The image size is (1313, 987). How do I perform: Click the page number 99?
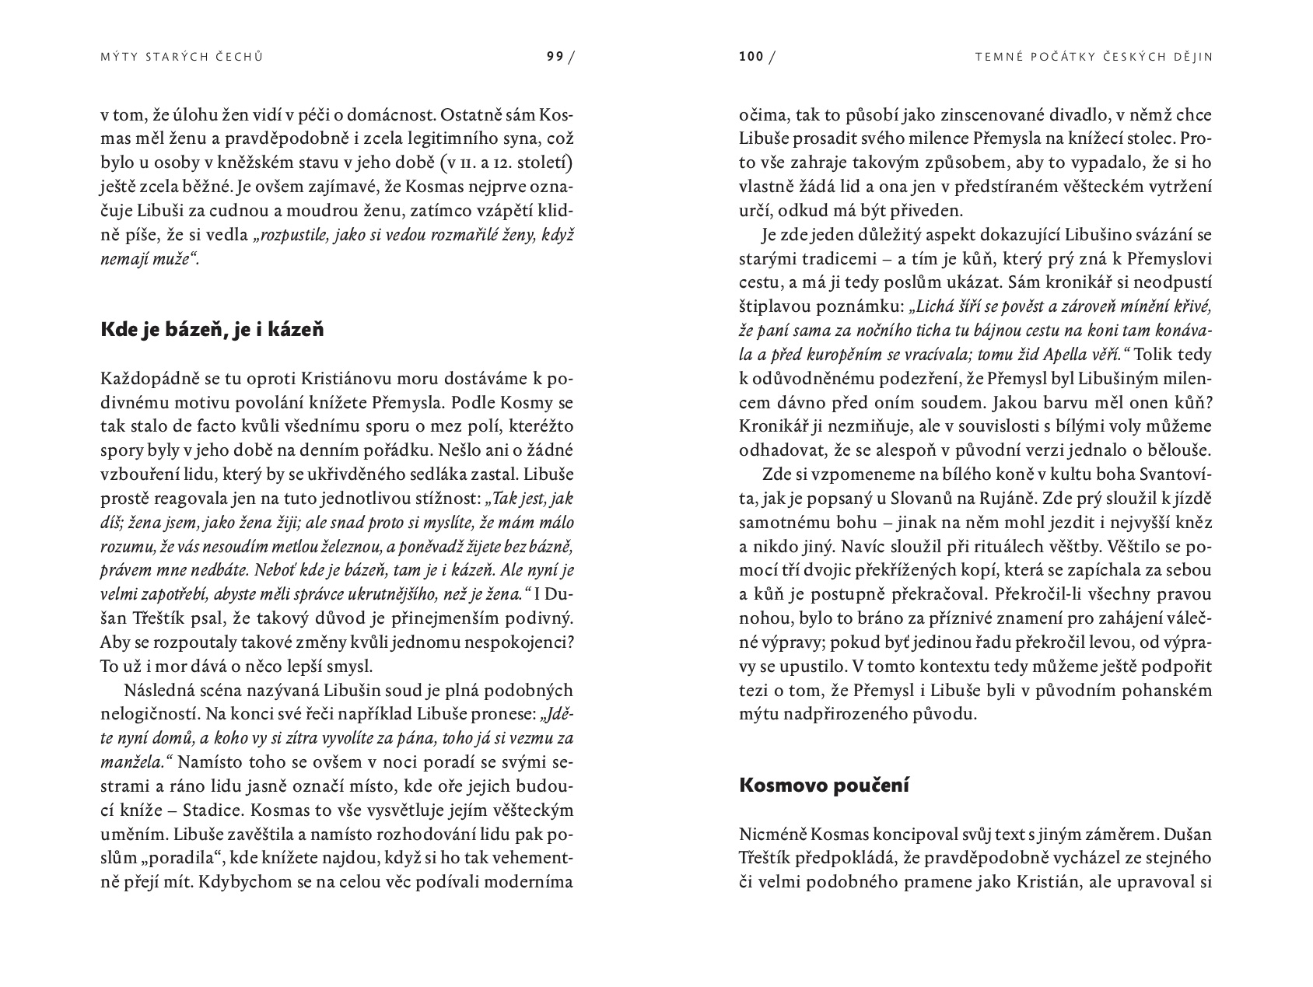tap(555, 56)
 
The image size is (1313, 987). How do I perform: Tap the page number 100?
tap(751, 56)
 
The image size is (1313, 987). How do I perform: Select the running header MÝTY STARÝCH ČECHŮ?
tap(182, 56)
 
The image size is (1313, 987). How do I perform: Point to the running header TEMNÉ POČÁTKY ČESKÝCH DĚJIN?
tap(1094, 56)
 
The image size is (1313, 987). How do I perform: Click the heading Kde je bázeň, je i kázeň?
tap(212, 329)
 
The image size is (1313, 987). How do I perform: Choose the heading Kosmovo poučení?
tap(824, 785)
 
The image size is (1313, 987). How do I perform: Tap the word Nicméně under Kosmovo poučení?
tap(773, 834)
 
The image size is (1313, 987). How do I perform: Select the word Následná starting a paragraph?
tap(156, 690)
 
